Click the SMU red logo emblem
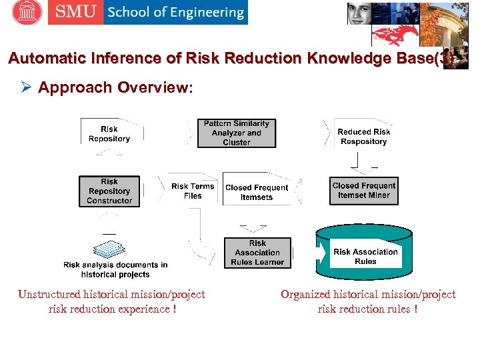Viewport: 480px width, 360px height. point(27,12)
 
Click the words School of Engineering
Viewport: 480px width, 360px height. point(175,12)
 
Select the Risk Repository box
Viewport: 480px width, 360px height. point(109,133)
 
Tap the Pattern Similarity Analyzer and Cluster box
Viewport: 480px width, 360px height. point(237,133)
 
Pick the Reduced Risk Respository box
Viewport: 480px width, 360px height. point(363,137)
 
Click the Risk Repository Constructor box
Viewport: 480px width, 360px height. point(109,191)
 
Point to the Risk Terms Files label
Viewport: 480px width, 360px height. point(193,191)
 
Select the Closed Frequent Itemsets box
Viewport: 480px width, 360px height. point(257,192)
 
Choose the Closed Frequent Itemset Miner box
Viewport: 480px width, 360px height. point(364,191)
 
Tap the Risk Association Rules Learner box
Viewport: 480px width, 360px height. point(257,253)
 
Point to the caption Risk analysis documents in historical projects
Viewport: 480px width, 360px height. point(115,269)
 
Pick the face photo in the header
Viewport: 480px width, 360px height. point(359,13)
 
